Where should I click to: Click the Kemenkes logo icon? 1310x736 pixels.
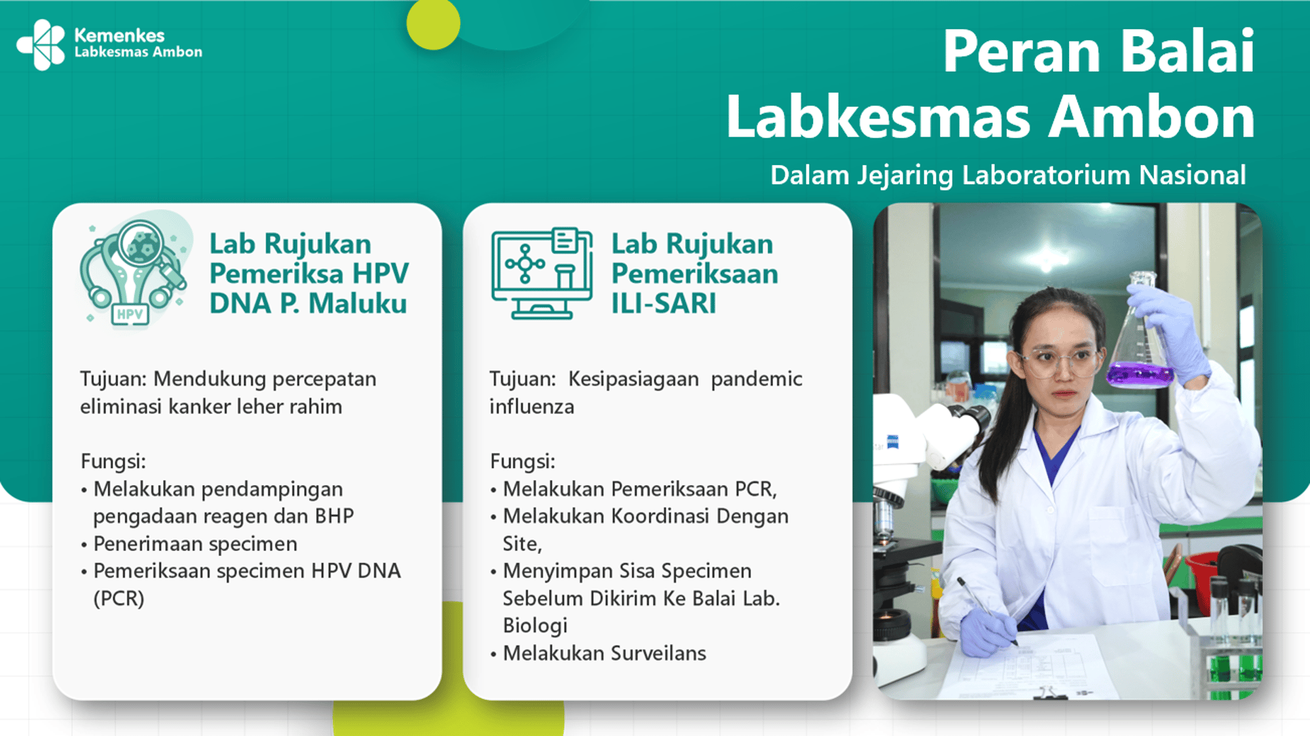(41, 44)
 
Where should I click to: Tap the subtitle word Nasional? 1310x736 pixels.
(1192, 175)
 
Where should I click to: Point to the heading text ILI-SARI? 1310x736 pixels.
(663, 304)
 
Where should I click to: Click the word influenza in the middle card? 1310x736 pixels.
(532, 407)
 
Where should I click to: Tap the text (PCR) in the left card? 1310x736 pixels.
(119, 598)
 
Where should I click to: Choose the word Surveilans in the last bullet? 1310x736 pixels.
(658, 653)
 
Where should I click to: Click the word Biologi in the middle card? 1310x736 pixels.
(535, 626)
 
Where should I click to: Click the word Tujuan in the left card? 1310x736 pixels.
(111, 379)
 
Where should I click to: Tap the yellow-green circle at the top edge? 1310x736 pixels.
(433, 23)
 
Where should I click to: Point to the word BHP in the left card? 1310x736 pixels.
(334, 516)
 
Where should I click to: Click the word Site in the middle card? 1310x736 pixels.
(521, 544)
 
